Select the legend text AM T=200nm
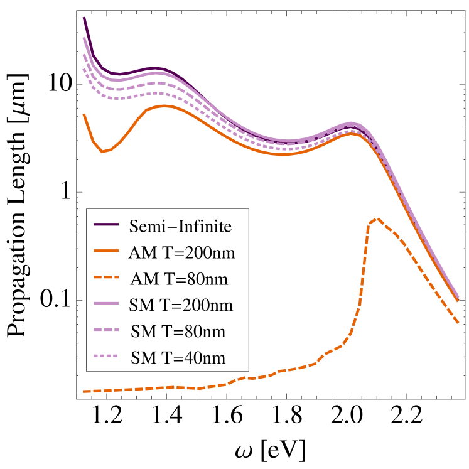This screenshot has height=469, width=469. tap(181, 252)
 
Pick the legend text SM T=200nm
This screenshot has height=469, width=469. tap(181, 305)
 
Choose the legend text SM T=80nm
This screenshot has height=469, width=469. tap(178, 331)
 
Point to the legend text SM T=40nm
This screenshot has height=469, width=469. tap(178, 357)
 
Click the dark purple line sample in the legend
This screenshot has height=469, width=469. tap(106, 225)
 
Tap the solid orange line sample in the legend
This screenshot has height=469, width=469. tap(106, 251)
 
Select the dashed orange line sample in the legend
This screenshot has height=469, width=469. tap(106, 278)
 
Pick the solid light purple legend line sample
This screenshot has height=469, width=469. tap(106, 304)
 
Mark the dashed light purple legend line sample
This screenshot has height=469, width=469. tap(106, 330)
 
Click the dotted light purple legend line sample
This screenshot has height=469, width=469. tap(106, 357)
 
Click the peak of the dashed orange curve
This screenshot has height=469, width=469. tap(376, 219)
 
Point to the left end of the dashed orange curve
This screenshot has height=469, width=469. tap(84, 391)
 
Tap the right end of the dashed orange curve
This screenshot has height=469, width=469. tap(459, 323)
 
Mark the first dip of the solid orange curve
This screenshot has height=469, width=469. tap(103, 151)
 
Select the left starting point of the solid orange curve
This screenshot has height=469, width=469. tap(84, 114)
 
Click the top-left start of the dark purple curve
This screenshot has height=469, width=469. tap(84, 18)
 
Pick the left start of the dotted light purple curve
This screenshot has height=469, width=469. tap(84, 68)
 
